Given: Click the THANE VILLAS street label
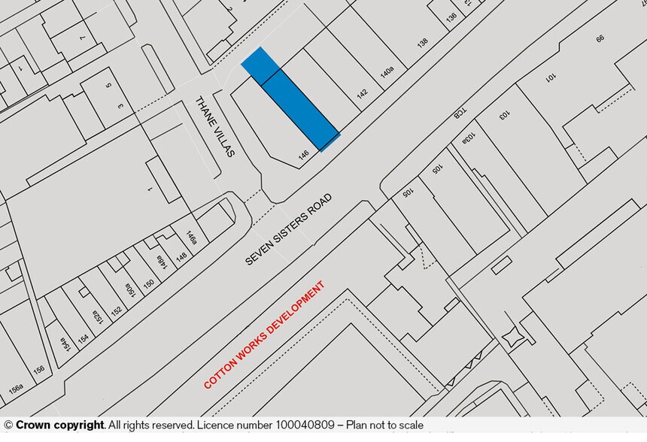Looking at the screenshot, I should point(215,126).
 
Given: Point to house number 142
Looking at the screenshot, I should point(362,95).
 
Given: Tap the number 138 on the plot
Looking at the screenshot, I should point(422,44).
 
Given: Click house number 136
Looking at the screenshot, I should point(451,17).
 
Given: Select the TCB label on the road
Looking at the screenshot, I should point(457,113).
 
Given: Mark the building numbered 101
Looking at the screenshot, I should point(551,77).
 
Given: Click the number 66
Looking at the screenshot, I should point(600,38).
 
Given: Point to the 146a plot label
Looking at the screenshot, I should point(193,238).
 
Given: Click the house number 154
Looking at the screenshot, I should point(83,338).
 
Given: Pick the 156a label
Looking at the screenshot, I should point(15,390).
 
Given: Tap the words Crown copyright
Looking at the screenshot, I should point(59,425).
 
